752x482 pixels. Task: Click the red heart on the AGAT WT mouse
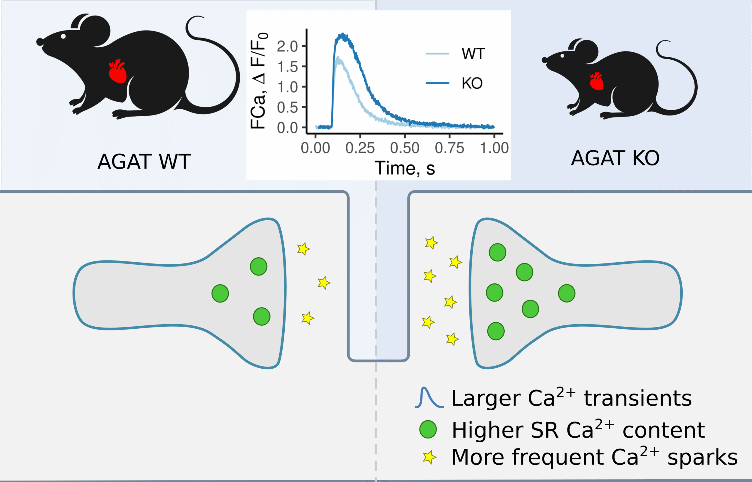(117, 72)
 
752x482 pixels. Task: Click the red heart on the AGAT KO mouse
(597, 82)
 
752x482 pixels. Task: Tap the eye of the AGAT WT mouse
(63, 36)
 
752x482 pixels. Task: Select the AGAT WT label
(144, 162)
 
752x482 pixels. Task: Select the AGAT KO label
(615, 158)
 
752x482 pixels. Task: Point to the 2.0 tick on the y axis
(287, 47)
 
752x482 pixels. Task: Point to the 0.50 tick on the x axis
(404, 148)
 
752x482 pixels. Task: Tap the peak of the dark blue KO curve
(343, 34)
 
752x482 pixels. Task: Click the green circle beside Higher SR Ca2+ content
(428, 429)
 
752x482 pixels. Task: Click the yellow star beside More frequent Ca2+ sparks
(429, 457)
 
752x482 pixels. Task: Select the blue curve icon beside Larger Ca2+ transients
(429, 398)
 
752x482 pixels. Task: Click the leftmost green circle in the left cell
(220, 293)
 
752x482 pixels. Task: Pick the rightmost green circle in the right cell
(566, 293)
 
